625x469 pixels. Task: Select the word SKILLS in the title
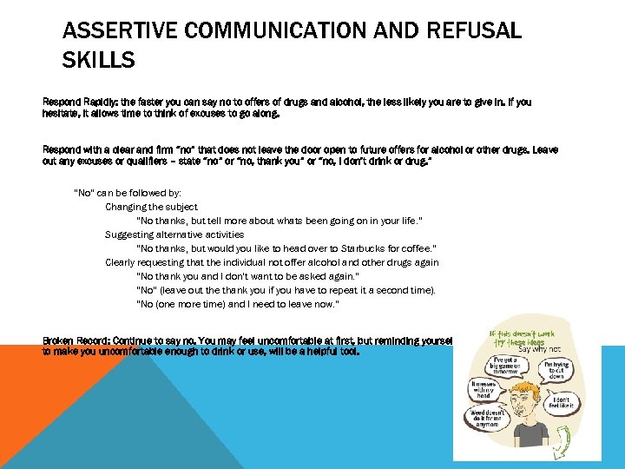pos(99,60)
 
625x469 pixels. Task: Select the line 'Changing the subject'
pos(152,207)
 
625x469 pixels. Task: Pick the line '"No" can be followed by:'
pos(128,193)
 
